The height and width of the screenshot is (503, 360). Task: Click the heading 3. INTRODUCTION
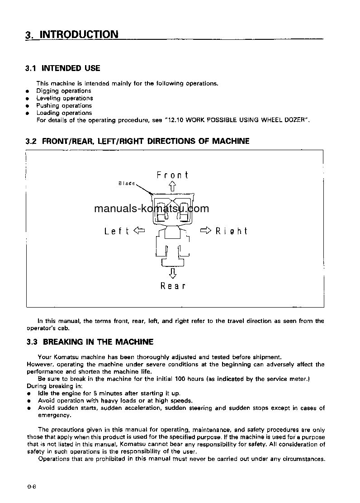pos(72,35)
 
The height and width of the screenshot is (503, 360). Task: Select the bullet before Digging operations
pos(28,91)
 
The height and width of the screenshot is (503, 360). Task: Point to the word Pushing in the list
pos(48,106)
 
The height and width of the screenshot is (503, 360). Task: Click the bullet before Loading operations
pos(28,113)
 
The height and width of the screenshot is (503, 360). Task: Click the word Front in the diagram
pos(172,175)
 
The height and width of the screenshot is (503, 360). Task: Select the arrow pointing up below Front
pos(172,186)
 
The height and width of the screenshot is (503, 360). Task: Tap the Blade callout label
pos(127,183)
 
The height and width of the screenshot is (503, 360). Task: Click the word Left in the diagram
pos(117,231)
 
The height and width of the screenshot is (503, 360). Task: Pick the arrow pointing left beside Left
pos(139,231)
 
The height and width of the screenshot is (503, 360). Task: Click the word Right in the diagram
pos(231,231)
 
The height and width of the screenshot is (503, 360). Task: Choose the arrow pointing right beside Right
pos(206,231)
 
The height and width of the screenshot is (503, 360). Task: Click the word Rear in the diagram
pos(173,286)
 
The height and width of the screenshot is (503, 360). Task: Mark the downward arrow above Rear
pos(172,273)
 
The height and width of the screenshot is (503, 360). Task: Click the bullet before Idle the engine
pos(28,394)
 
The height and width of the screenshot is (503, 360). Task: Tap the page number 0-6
pos(31,487)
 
